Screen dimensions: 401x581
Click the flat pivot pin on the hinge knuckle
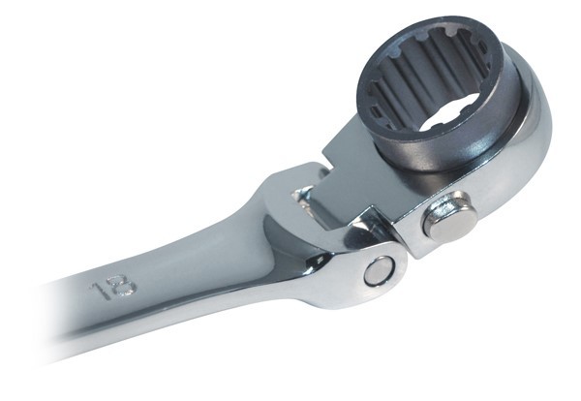[378, 270]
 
